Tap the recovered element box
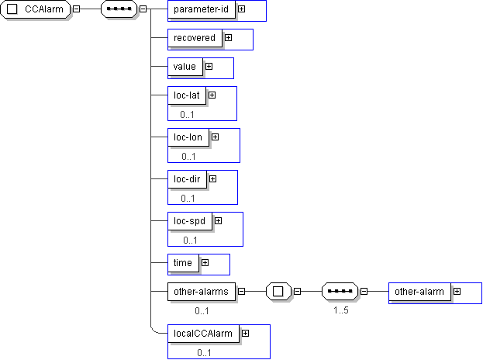click(x=194, y=37)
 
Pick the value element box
click(x=185, y=67)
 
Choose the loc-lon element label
click(x=188, y=137)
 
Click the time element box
click(x=183, y=263)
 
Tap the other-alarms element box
click(x=201, y=292)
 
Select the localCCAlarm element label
click(x=203, y=334)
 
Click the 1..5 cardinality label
click(x=340, y=310)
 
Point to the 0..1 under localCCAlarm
click(x=205, y=353)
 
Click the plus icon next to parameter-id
click(x=242, y=9)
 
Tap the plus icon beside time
click(x=205, y=263)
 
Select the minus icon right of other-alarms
click(x=241, y=292)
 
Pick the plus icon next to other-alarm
click(x=457, y=292)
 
